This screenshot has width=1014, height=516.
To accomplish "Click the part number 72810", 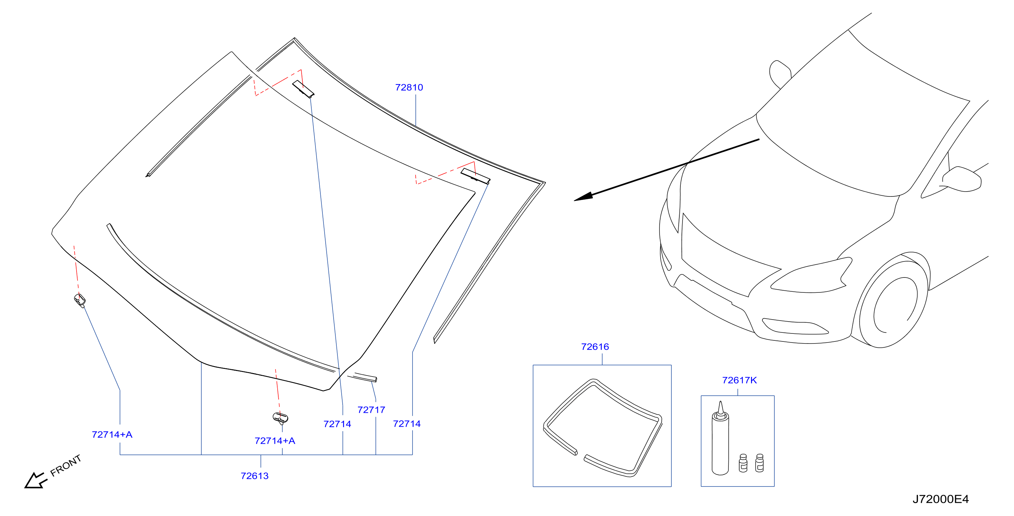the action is [x=409, y=87].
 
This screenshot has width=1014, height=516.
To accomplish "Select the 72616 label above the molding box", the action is [x=595, y=347].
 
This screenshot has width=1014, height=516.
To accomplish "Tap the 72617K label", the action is [x=739, y=380].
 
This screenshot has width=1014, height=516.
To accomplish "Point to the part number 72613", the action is [x=255, y=476].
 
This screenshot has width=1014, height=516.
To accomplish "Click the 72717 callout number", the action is [x=371, y=410].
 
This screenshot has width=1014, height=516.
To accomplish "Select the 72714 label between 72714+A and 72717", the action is [x=337, y=424].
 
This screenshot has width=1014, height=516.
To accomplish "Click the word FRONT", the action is [x=66, y=465].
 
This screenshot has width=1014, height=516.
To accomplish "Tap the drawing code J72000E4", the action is [x=940, y=499].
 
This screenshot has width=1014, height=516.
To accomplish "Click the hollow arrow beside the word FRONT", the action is [x=35, y=480].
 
